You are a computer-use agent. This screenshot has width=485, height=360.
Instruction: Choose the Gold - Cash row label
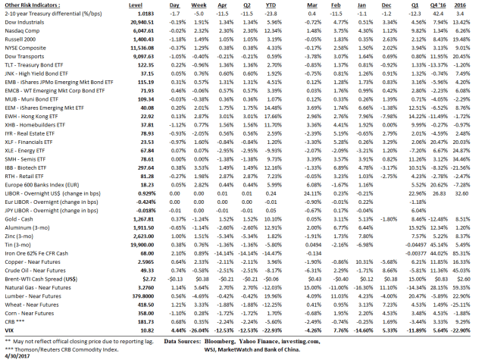[x=19, y=218]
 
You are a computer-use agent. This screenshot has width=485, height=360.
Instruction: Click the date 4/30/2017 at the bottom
[x=18, y=355]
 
